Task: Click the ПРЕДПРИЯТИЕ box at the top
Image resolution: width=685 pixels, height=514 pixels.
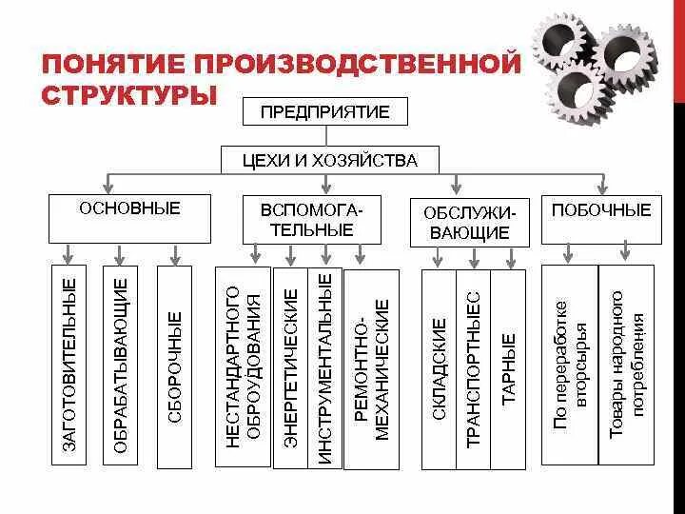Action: click(x=325, y=111)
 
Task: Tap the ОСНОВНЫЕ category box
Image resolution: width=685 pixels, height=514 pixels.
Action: click(x=130, y=218)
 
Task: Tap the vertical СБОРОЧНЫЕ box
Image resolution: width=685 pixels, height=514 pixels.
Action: click(x=174, y=367)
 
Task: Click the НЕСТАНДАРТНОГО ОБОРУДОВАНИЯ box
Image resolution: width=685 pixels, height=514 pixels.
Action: click(x=243, y=367)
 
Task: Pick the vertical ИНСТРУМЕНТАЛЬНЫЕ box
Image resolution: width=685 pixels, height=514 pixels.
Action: click(x=324, y=367)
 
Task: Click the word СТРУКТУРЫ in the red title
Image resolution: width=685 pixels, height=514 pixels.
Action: click(x=129, y=97)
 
